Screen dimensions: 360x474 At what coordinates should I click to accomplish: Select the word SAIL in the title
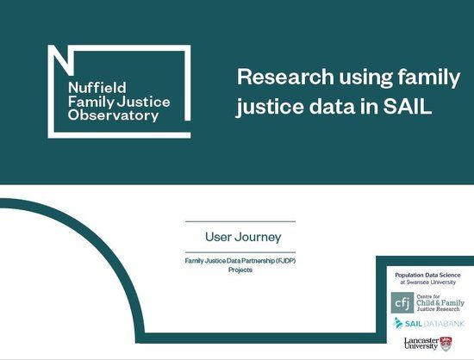406,108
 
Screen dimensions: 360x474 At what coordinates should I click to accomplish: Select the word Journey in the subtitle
259,236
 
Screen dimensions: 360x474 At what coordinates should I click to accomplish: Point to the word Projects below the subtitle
240,270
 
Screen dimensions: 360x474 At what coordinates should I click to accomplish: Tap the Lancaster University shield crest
446,343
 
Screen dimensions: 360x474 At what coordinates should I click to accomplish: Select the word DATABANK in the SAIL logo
445,323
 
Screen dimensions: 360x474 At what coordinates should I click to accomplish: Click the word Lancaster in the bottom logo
421,339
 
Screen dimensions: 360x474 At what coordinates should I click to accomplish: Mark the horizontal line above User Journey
240,221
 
